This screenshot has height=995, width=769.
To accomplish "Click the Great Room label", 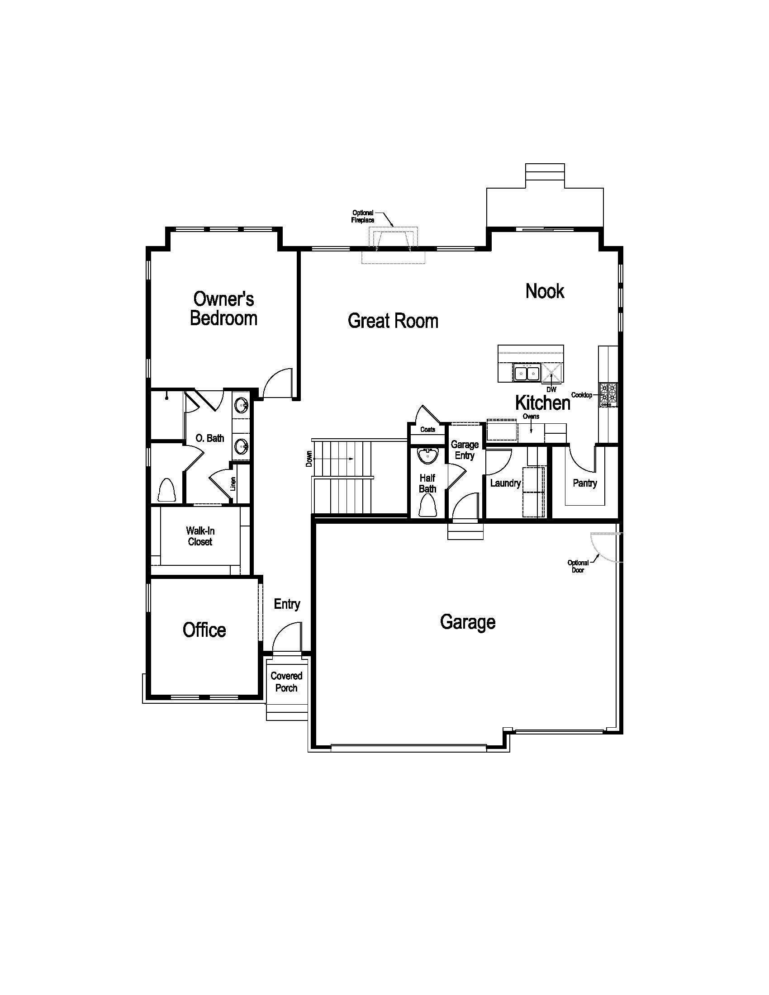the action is pos(393,321).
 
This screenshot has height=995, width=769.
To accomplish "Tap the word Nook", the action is pos(545,291).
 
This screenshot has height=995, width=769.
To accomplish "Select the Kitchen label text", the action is pos(542,403).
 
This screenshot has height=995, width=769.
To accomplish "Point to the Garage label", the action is pos(468,622).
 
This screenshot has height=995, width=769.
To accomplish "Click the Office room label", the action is pos(204,630).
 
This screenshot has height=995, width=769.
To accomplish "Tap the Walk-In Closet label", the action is pos(200,536).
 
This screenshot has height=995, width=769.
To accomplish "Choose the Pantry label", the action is pos(585,483).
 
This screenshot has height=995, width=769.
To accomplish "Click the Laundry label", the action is pos(505,483).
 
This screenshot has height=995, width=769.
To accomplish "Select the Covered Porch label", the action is pos(286,682).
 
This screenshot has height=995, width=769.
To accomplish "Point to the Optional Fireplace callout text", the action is pos(363,216).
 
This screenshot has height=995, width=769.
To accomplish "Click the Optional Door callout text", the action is pos(578,566).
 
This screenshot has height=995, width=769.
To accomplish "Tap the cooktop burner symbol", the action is pos(608,395).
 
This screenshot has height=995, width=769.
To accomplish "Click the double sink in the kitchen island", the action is pos(527,373).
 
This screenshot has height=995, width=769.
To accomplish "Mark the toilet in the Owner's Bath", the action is pos(167,490).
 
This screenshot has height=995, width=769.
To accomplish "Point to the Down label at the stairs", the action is pos(309,459).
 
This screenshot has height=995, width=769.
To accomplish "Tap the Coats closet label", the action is pos(428,429).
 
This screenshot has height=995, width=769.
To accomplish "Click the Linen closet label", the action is pos(233,484).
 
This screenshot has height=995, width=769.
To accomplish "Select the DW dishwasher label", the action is pos(551,390).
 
